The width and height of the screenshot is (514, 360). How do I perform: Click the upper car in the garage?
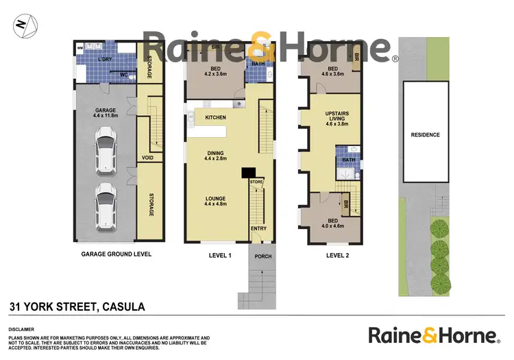(x=106, y=152)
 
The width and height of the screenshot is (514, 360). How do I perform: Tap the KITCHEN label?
(x=216, y=118)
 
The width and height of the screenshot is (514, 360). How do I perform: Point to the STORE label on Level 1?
(x=256, y=182)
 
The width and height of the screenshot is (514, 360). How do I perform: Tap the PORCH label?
(x=263, y=256)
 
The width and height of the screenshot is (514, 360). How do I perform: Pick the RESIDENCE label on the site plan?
(x=425, y=135)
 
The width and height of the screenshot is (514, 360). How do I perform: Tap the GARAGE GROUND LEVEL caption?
(x=116, y=254)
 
